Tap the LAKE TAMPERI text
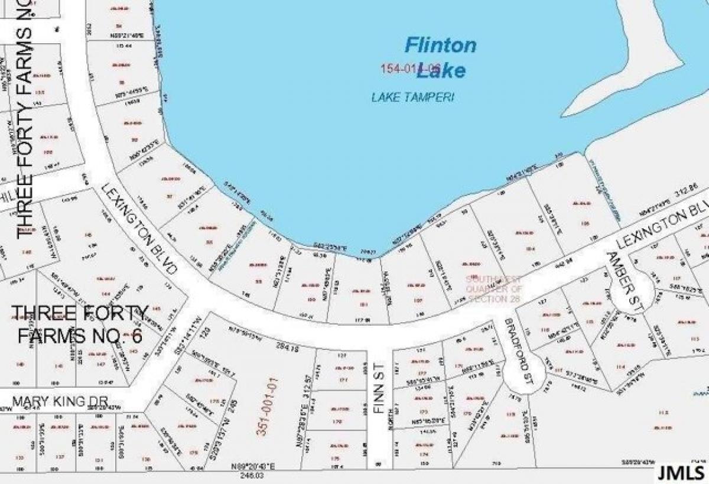tap(412, 98)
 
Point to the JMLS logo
tap(683, 473)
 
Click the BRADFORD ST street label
tap(518, 349)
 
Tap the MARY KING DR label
tap(60, 402)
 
